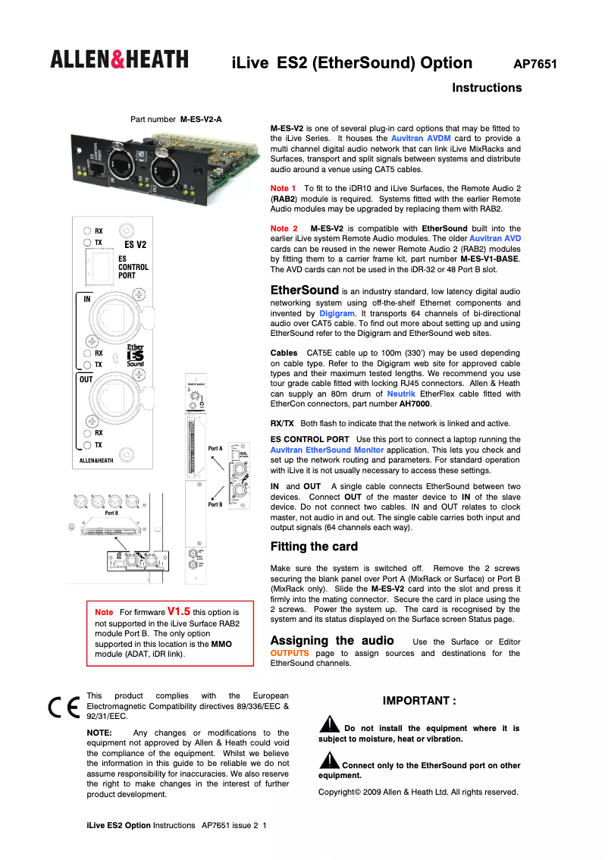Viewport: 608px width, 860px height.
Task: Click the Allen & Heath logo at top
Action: click(120, 59)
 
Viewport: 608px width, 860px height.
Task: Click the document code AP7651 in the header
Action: click(535, 64)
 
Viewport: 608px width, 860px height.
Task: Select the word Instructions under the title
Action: click(487, 88)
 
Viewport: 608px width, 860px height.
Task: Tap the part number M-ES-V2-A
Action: click(201, 120)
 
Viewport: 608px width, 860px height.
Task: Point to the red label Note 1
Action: click(284, 187)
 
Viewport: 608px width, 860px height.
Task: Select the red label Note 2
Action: click(284, 228)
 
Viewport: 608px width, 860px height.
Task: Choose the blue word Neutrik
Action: click(402, 394)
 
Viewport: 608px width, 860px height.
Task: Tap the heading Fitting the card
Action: click(314, 547)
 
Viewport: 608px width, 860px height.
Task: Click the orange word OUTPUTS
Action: click(290, 653)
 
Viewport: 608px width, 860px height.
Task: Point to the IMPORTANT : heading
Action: click(419, 701)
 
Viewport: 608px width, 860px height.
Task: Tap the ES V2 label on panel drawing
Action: click(135, 245)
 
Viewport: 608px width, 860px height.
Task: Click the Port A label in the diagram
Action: click(215, 449)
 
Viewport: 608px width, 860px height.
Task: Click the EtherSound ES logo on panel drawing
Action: click(135, 355)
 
